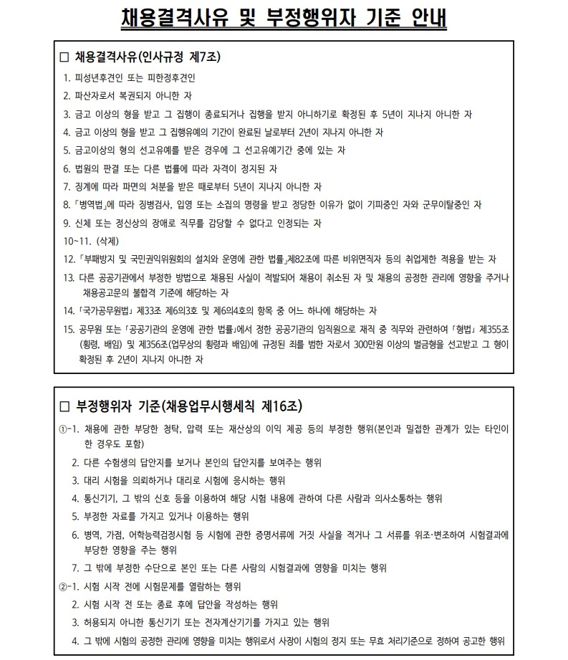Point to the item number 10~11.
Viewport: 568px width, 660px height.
pos(74,241)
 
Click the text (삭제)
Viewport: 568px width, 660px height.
pos(103,241)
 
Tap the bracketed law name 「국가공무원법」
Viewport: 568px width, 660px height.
pos(106,311)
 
